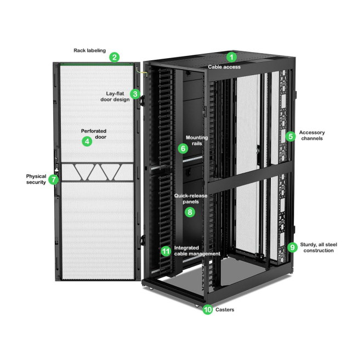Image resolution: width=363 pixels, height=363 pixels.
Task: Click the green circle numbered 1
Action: [231, 57]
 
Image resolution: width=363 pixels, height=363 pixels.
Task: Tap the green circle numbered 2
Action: [115, 57]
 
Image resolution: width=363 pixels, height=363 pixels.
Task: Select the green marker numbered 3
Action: [135, 94]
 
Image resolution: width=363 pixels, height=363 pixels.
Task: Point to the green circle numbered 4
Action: [87, 141]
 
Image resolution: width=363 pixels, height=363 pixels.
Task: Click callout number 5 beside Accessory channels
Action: [291, 136]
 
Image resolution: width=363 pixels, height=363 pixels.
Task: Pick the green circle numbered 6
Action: [183, 149]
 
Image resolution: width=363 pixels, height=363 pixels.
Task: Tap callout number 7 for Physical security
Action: [54, 179]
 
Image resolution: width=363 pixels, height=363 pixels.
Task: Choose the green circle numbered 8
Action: [190, 212]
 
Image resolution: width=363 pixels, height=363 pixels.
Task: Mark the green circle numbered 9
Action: [292, 247]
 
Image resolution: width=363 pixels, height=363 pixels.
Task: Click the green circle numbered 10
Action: [208, 309]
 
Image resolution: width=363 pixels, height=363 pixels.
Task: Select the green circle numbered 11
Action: [166, 251]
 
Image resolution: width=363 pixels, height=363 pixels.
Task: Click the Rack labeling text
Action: [89, 50]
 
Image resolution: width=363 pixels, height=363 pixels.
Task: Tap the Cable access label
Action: [224, 67]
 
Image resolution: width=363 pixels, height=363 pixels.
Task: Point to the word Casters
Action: [225, 310]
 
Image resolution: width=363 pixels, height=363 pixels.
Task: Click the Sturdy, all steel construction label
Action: [319, 247]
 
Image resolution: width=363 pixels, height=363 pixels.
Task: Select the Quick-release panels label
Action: [190, 198]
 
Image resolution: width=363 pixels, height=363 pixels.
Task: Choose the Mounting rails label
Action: [197, 140]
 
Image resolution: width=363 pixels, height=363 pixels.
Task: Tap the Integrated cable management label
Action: [197, 251]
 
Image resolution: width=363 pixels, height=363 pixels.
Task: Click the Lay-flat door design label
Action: [115, 97]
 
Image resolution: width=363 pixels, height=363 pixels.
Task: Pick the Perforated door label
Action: [94, 134]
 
